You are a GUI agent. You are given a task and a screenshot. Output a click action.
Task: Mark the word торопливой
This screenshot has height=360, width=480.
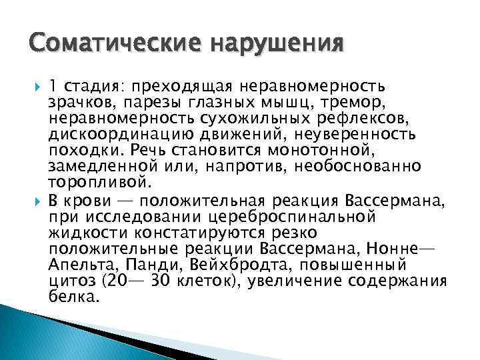point(99,182)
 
